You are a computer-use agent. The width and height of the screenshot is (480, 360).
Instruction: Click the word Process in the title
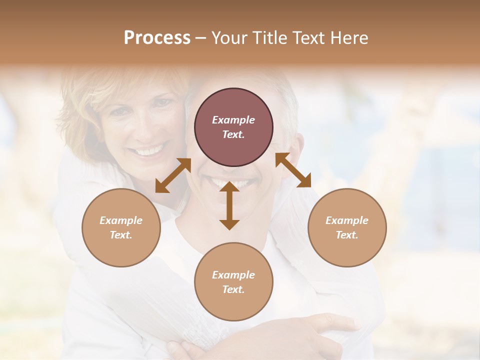point(157,38)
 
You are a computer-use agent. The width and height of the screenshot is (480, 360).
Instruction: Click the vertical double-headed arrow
point(229,205)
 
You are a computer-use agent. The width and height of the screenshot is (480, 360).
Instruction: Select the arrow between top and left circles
point(173,175)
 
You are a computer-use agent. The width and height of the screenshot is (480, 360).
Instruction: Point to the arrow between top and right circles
point(293,170)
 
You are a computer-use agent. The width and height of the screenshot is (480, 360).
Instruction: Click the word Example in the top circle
point(233,120)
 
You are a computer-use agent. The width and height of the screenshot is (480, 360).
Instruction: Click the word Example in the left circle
point(121,220)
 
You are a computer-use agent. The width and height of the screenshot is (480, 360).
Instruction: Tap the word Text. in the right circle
point(347,235)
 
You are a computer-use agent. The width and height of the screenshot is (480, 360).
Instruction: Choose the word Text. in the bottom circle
point(233,289)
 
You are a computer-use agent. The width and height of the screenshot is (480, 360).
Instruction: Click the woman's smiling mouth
point(150,150)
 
